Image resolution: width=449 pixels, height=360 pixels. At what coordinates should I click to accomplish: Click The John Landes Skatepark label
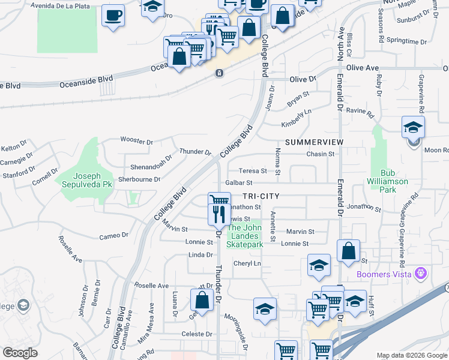coord(245,236)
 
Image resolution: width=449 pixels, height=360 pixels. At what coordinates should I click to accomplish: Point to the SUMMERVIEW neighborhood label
coord(314,142)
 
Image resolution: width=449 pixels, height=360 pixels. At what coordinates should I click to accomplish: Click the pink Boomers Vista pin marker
coord(421,274)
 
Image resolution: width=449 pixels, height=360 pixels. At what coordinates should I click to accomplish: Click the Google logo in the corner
coord(20,353)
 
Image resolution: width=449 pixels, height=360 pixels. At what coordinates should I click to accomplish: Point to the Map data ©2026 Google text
coord(412,355)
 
